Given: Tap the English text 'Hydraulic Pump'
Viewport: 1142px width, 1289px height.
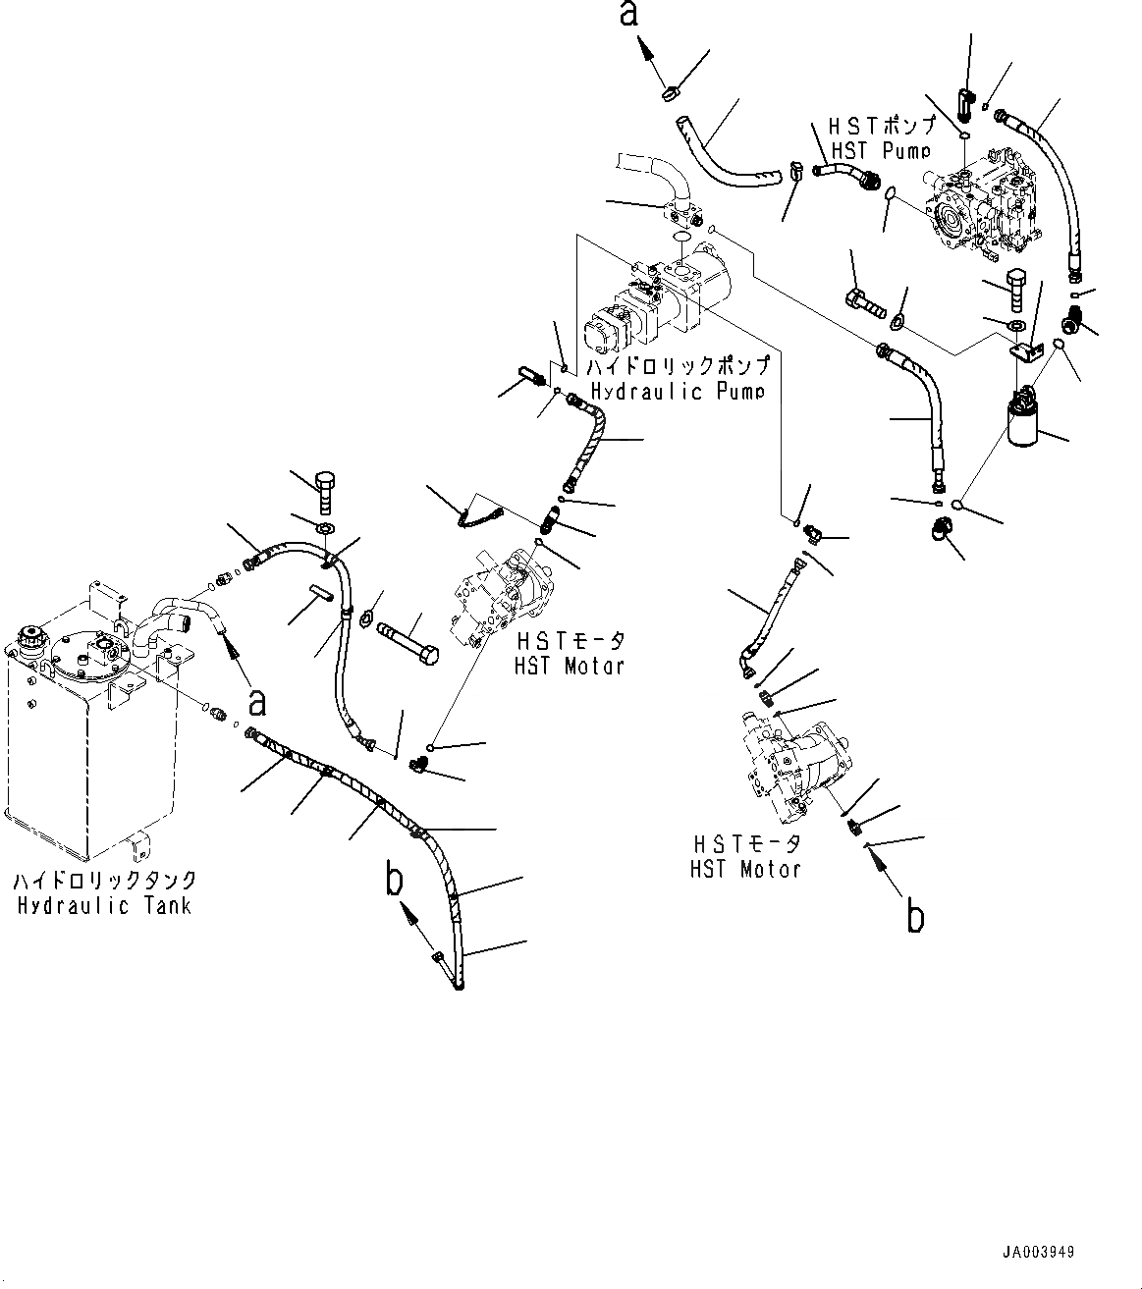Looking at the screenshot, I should point(679,391).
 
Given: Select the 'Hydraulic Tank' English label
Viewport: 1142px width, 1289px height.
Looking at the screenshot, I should point(104,904).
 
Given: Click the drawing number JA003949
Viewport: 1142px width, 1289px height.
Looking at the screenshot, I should point(1038,1253).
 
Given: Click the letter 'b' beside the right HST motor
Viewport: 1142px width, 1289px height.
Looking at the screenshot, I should point(915,917).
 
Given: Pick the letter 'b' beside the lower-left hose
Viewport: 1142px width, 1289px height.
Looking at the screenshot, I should point(394,881).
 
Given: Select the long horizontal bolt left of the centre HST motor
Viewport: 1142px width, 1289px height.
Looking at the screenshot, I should point(408,639).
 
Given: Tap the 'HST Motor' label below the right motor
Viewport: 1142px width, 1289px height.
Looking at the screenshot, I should point(745,868).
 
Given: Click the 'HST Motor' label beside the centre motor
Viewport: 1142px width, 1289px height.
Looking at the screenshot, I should point(570,666).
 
